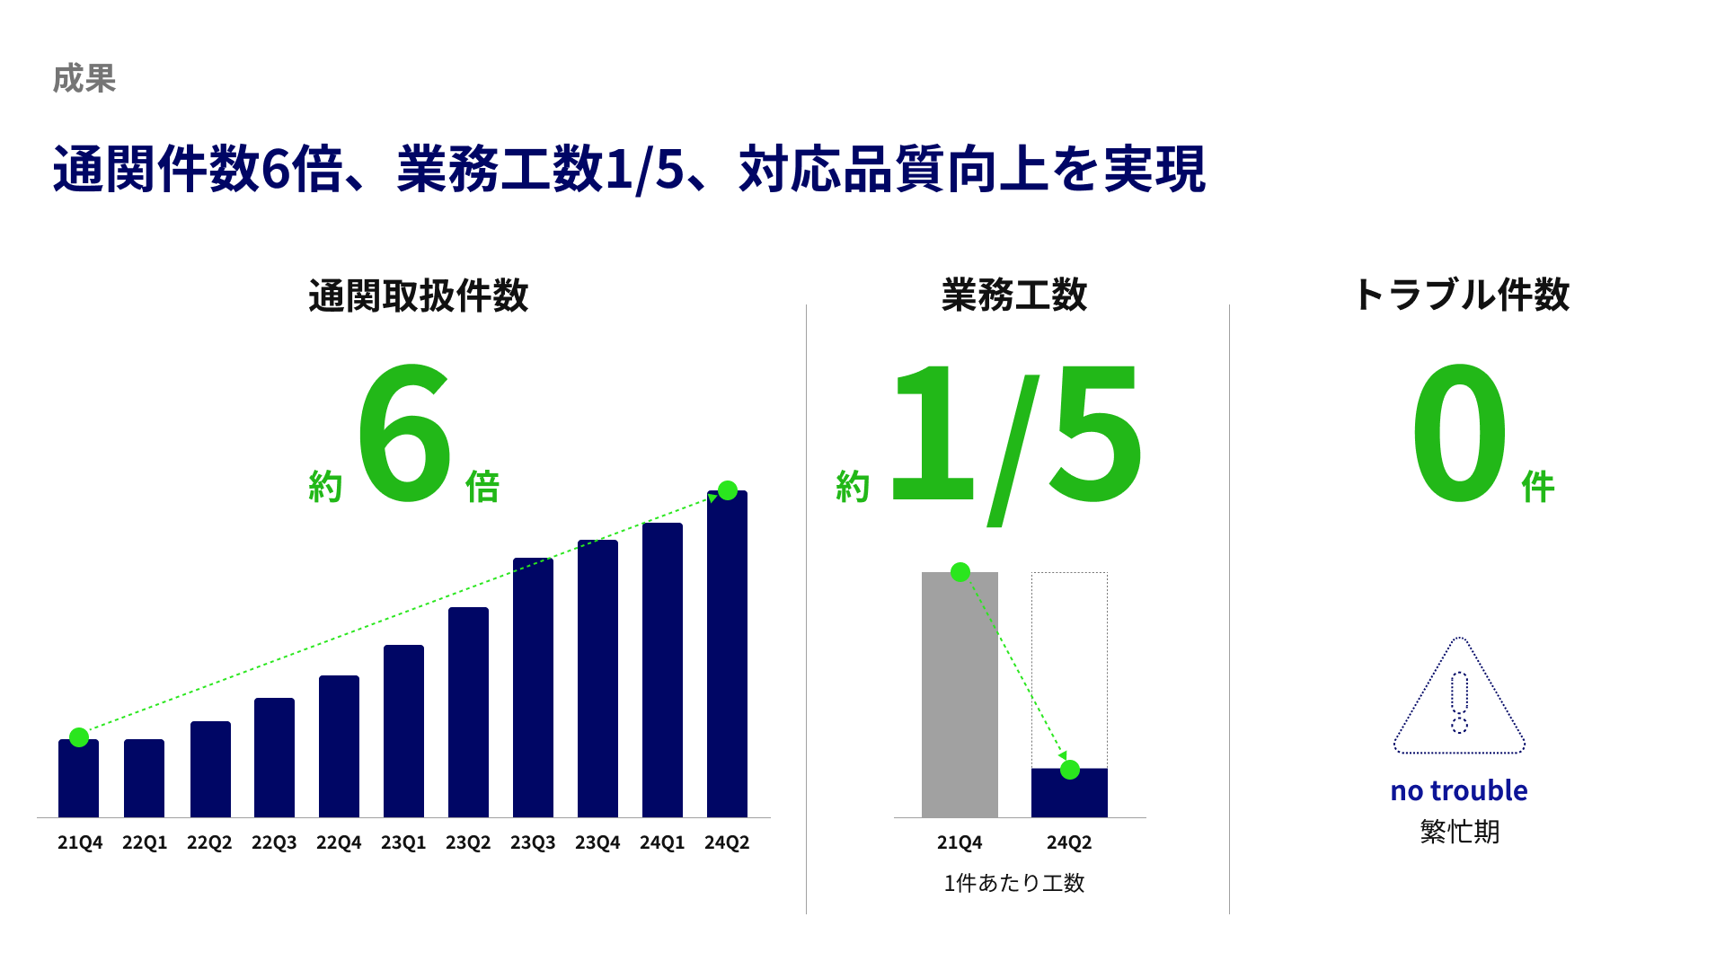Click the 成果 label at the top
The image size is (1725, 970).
click(x=84, y=79)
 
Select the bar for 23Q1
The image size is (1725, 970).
click(x=403, y=731)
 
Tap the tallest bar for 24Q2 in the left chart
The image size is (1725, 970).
click(x=727, y=654)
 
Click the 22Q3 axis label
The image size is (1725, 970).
click(x=274, y=842)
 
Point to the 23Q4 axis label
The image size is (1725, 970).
click(x=597, y=842)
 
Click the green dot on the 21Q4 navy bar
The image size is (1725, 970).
click(x=79, y=737)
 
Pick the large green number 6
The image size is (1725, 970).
click(x=404, y=432)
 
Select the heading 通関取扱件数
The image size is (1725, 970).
click(x=419, y=295)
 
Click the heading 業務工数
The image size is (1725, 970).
click(x=1014, y=295)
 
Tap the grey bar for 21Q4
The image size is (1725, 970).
click(x=960, y=694)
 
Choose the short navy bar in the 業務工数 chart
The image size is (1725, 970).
click(x=1069, y=793)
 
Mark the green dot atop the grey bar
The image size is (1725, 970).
click(x=960, y=572)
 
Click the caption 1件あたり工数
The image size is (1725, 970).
click(x=1014, y=884)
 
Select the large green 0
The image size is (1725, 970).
click(x=1459, y=432)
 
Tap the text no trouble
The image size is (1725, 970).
click(x=1459, y=790)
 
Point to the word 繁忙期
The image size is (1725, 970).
click(x=1460, y=832)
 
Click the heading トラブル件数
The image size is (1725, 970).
click(x=1461, y=295)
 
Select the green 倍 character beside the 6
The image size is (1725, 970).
click(x=482, y=487)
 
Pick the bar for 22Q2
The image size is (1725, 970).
click(x=210, y=770)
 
